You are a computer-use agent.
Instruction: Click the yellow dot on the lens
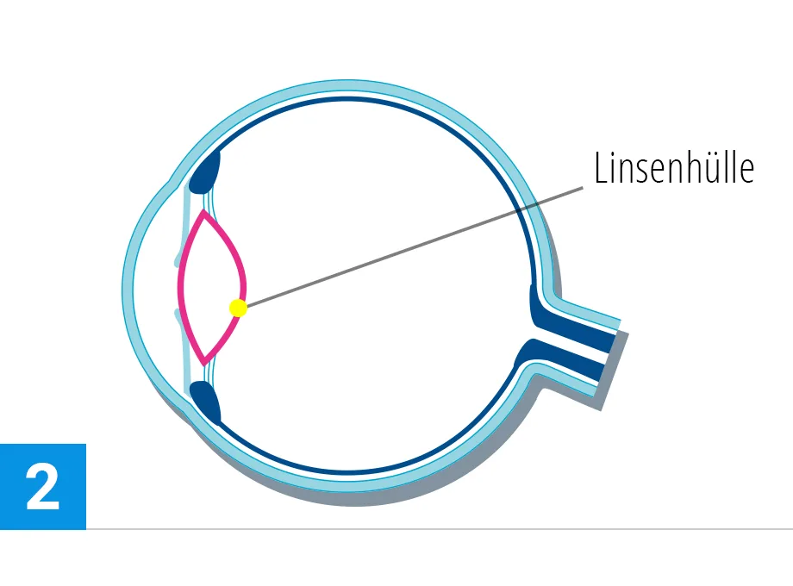(239, 308)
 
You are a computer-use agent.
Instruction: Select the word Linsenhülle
(674, 168)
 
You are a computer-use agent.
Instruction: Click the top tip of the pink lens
(203, 212)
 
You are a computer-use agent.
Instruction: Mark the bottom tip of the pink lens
(203, 362)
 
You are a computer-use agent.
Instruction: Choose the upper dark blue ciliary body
(206, 173)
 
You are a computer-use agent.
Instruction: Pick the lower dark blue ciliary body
(205, 402)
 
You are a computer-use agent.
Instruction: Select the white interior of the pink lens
(211, 287)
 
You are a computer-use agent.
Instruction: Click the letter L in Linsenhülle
(600, 168)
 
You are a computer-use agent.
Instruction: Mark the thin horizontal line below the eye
(431, 528)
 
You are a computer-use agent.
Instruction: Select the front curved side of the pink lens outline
(180, 287)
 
